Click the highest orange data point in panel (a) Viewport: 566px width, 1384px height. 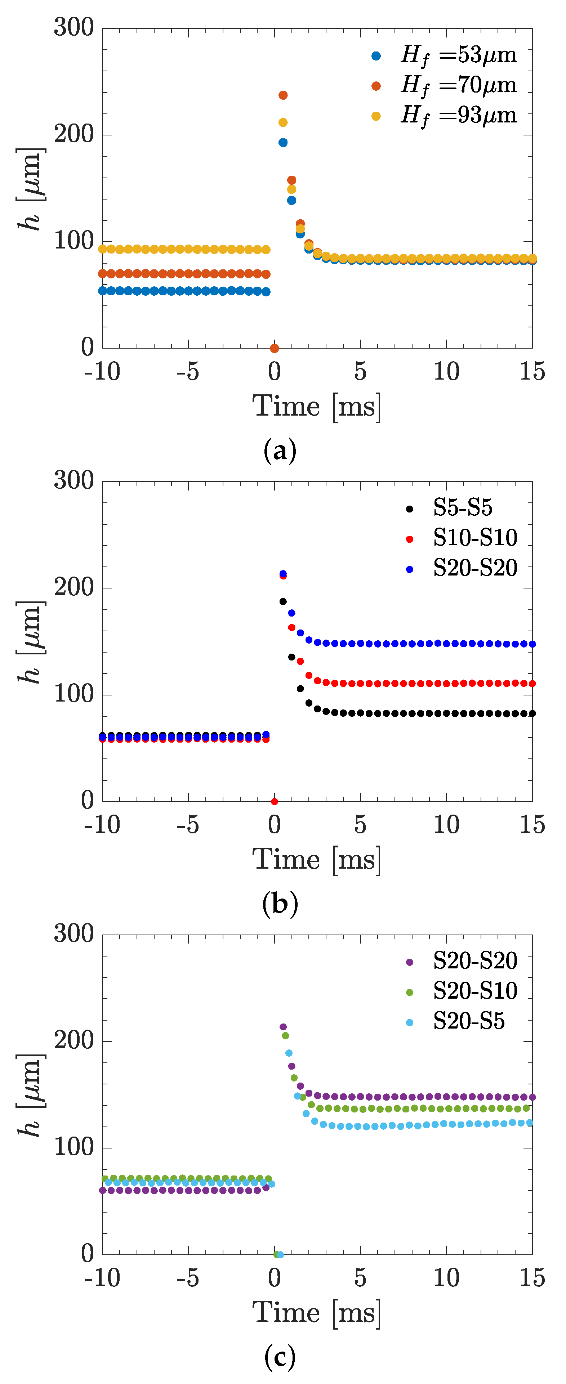pos(283,95)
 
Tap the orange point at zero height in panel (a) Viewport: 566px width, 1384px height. pos(274,348)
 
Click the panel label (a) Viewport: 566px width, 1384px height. pos(280,450)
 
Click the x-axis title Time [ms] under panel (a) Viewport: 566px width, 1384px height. pos(317,406)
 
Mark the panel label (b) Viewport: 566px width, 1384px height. pos(280,904)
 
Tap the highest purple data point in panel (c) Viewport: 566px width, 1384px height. pos(283,1027)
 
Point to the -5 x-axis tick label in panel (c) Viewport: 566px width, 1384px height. pos(188,1278)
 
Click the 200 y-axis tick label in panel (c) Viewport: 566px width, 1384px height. pos(73,1041)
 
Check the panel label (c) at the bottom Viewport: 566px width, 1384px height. pos(280,1357)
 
